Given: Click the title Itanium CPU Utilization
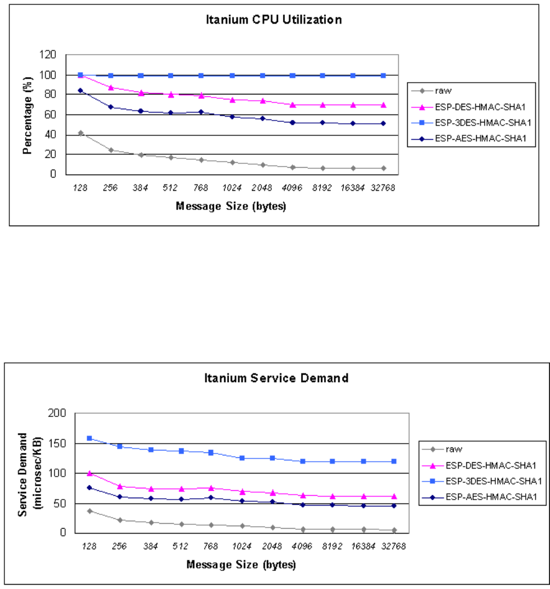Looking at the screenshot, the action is (x=274, y=19).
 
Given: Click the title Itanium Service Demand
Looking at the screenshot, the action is (x=276, y=378).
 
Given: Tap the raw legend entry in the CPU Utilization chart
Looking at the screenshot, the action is (x=443, y=91).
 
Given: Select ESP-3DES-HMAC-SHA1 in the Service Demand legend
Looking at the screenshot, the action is (x=494, y=481).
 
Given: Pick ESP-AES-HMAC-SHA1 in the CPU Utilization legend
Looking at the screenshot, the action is (x=480, y=139).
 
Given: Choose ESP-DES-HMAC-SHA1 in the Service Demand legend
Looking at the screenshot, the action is (x=490, y=465).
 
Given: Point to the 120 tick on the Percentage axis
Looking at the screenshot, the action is (x=48, y=55).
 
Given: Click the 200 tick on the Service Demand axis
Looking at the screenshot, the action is (x=57, y=413).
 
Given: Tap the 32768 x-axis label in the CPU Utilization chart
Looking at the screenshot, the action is (x=383, y=188).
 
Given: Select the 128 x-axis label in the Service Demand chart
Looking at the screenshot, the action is (x=89, y=546).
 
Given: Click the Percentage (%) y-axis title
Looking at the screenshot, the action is (x=27, y=116).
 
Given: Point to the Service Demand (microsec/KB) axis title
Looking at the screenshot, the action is (x=30, y=475).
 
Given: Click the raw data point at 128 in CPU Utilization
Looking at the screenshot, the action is (x=80, y=133).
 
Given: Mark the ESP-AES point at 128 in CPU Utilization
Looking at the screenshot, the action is (x=80, y=91).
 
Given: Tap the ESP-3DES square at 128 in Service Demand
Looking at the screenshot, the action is (x=89, y=439).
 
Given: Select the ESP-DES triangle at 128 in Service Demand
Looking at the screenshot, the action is (x=89, y=473).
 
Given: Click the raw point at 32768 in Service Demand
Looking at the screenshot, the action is (x=394, y=531).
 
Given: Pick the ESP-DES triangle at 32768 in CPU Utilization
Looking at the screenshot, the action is (x=383, y=105).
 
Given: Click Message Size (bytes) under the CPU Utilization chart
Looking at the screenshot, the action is (x=231, y=206).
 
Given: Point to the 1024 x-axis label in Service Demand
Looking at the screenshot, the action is (x=241, y=546).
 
